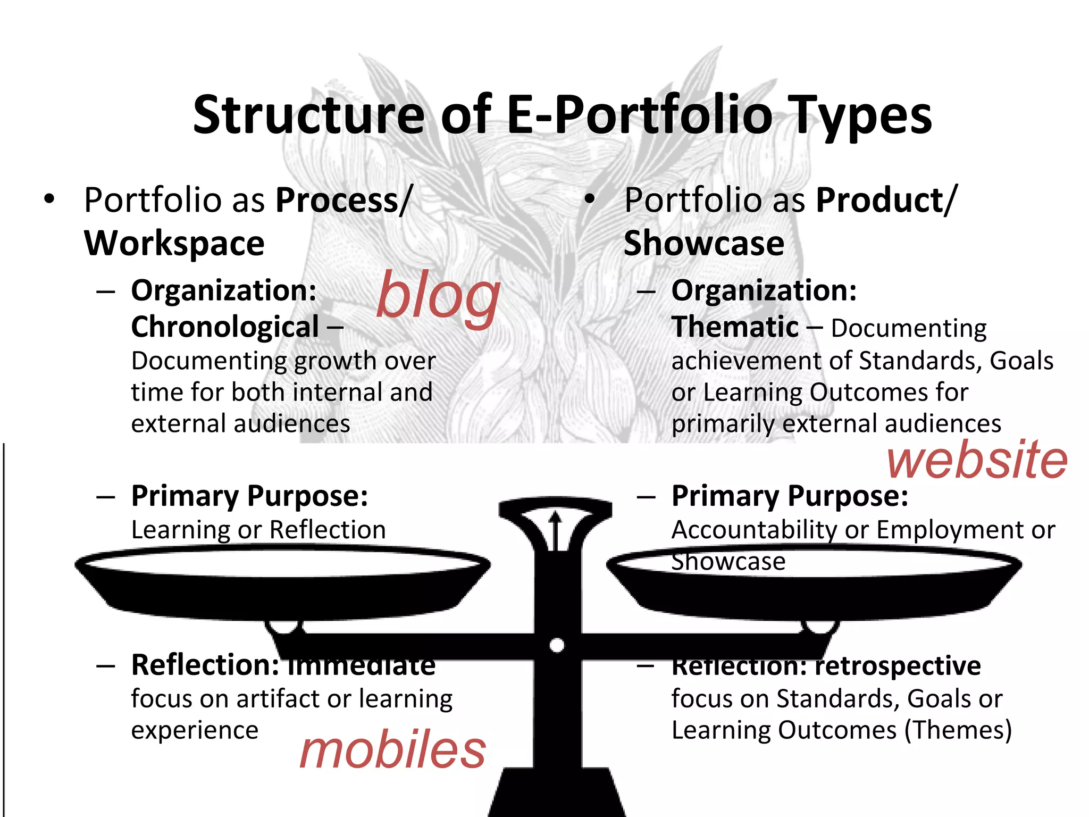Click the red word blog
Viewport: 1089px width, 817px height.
click(438, 298)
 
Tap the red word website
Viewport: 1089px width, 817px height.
click(977, 460)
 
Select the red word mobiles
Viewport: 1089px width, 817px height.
click(392, 750)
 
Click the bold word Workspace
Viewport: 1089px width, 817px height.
click(174, 244)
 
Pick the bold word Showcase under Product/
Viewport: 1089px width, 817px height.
click(703, 244)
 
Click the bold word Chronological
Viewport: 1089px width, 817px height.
click(225, 327)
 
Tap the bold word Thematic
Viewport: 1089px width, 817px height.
click(735, 327)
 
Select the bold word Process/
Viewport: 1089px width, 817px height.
click(344, 201)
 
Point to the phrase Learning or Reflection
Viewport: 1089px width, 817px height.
click(258, 530)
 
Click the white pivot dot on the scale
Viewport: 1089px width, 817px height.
click(557, 645)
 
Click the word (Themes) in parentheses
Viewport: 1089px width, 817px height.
click(958, 730)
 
